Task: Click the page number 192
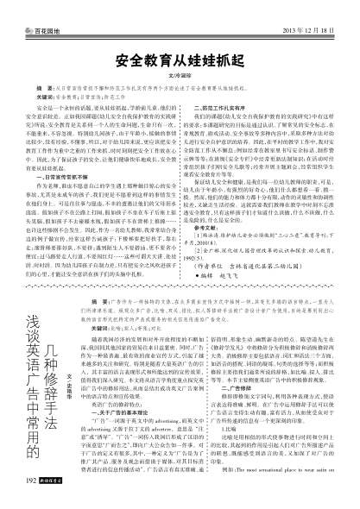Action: click(x=13, y=500)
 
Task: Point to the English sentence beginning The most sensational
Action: click(x=276, y=499)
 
